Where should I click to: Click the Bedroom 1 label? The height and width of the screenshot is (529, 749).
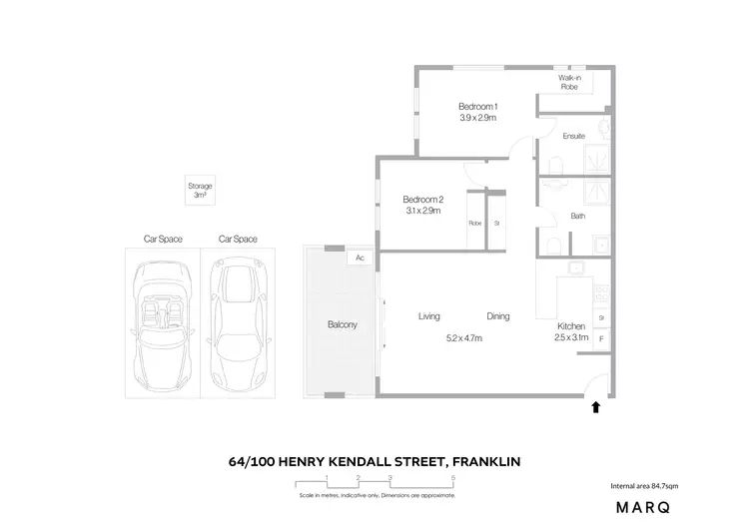[x=477, y=107]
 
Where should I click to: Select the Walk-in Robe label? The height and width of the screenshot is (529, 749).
[x=569, y=82]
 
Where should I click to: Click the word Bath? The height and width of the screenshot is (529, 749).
[x=577, y=216]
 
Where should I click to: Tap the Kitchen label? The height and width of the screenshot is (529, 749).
[x=572, y=325]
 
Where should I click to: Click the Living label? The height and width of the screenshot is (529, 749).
[x=429, y=316]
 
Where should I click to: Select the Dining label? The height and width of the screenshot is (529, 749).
[x=497, y=316]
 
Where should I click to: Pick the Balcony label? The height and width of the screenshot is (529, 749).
[x=343, y=325]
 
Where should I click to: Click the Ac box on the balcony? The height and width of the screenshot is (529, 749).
[x=358, y=258]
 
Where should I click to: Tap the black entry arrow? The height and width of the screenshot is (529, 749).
[x=596, y=406]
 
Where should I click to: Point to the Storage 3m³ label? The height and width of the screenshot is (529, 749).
[x=200, y=192]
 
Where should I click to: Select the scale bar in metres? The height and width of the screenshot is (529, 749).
[x=376, y=483]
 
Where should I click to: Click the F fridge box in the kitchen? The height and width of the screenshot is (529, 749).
[x=601, y=339]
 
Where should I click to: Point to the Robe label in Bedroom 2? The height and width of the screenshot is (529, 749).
[x=474, y=224]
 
